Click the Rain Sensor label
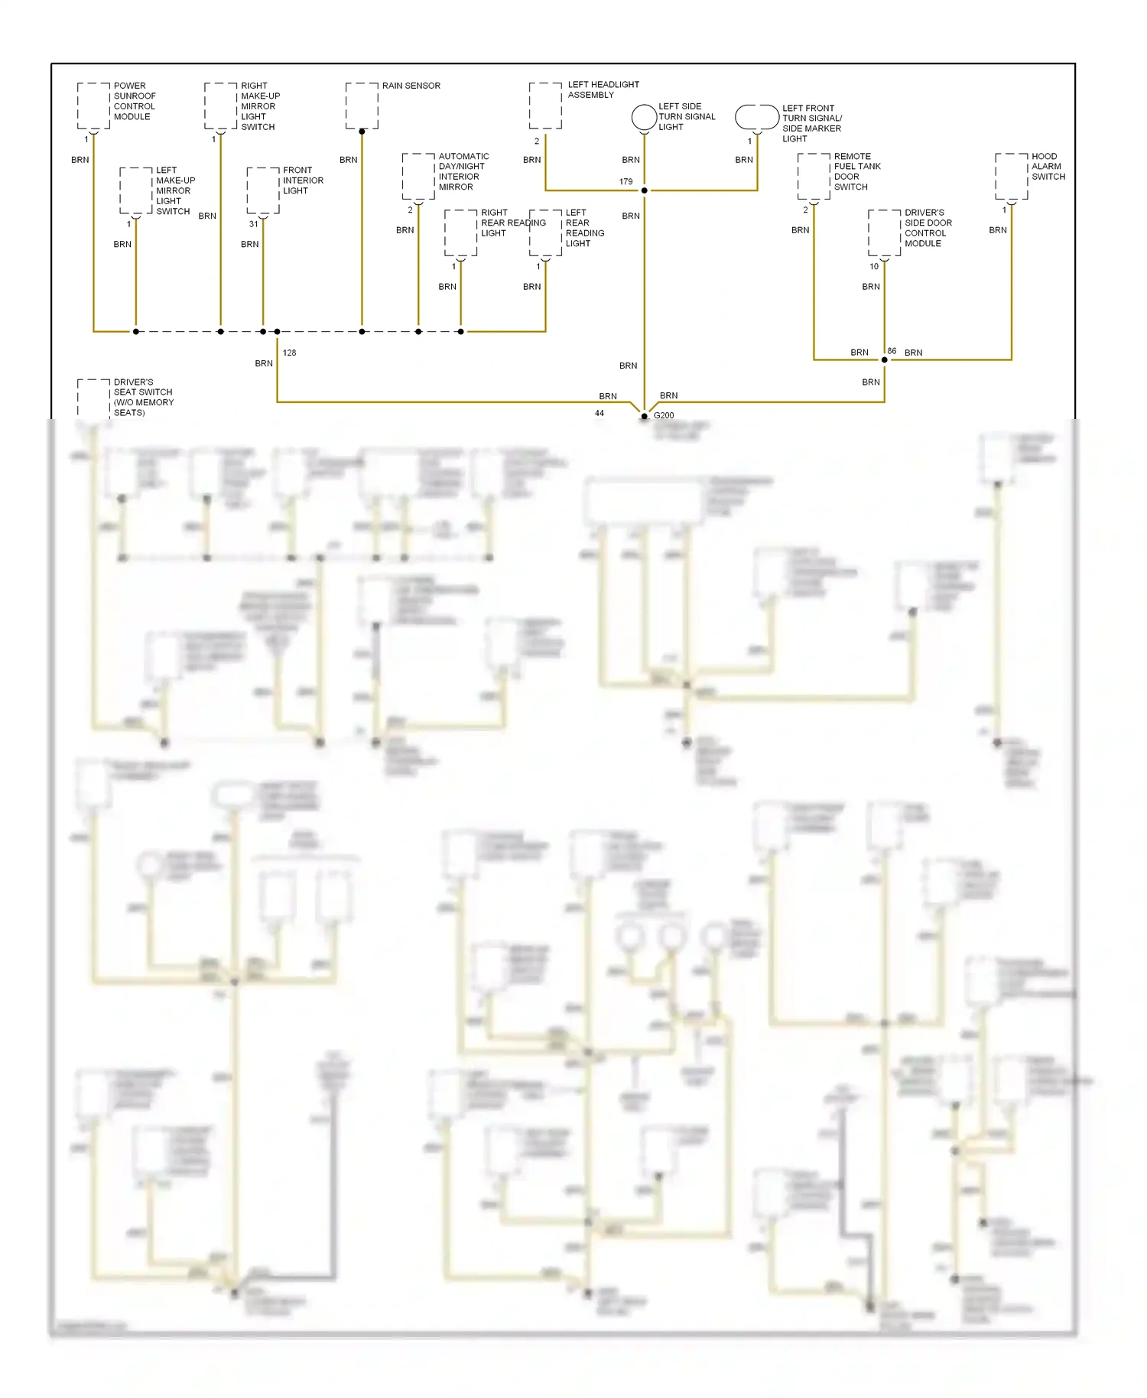click(411, 86)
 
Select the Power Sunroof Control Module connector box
click(93, 106)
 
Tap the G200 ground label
click(664, 415)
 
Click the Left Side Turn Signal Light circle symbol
click(644, 117)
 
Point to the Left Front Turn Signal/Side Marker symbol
click(756, 117)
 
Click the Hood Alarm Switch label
click(1048, 166)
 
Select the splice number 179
click(625, 182)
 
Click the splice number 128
click(289, 353)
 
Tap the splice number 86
click(892, 351)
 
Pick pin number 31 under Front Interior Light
click(253, 224)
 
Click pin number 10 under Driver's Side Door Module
click(874, 266)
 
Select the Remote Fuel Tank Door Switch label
click(856, 171)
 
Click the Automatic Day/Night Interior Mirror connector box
click(418, 177)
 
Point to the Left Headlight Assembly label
click(603, 89)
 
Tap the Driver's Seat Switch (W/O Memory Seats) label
click(143, 397)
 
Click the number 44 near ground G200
click(599, 413)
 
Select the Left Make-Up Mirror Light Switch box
click(136, 190)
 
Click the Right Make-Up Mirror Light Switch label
click(260, 106)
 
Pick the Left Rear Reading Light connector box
click(545, 232)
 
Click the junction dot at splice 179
click(644, 190)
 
